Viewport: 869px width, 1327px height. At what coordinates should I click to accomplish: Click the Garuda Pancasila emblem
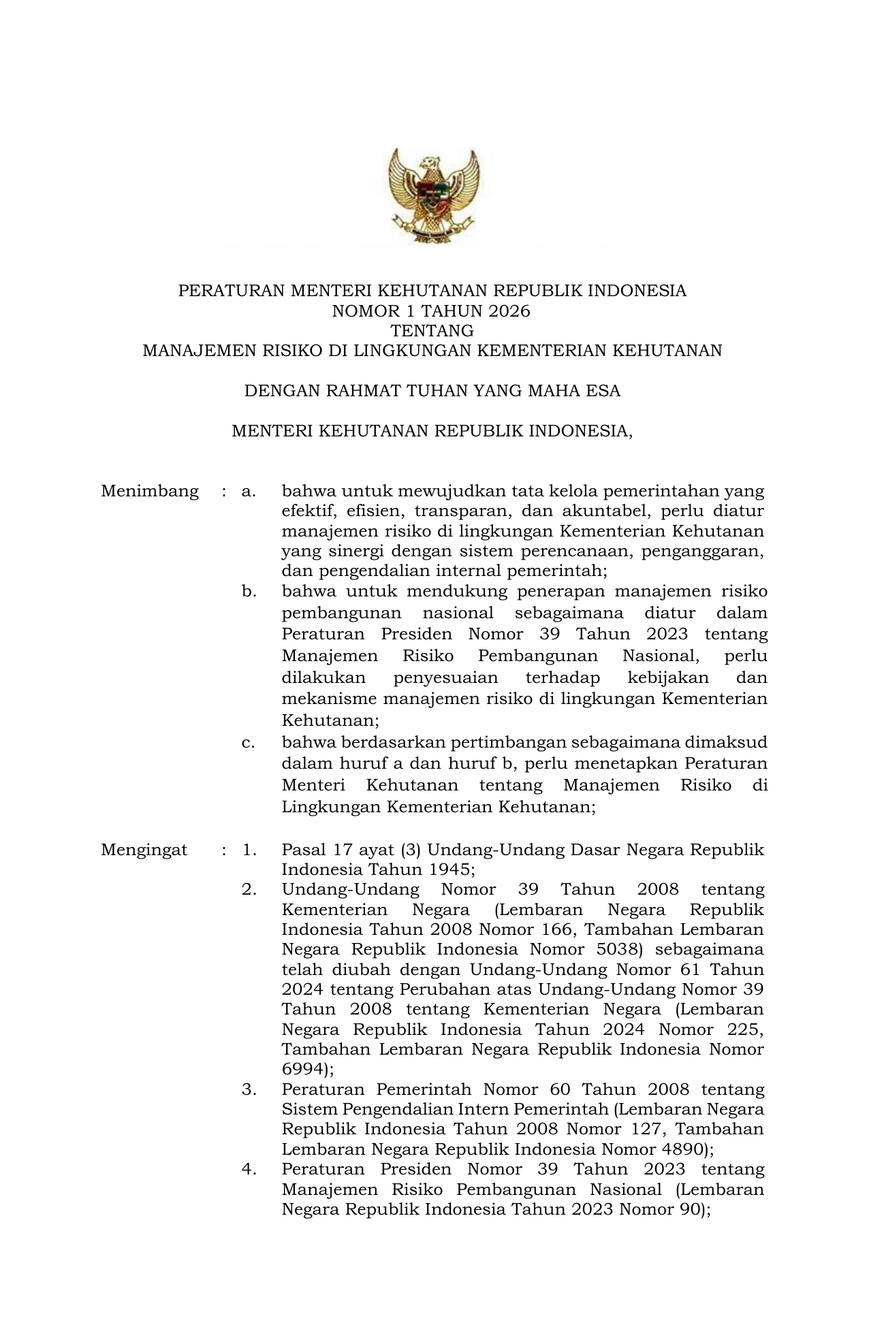pos(434,196)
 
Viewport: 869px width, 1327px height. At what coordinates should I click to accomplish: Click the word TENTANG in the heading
pos(432,331)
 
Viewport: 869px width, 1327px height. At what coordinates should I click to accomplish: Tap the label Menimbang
pos(150,491)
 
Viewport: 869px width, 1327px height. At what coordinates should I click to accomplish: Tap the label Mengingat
pos(144,850)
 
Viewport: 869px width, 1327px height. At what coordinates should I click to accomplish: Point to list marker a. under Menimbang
pos(249,491)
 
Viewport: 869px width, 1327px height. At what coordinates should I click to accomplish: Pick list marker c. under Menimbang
pos(249,742)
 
